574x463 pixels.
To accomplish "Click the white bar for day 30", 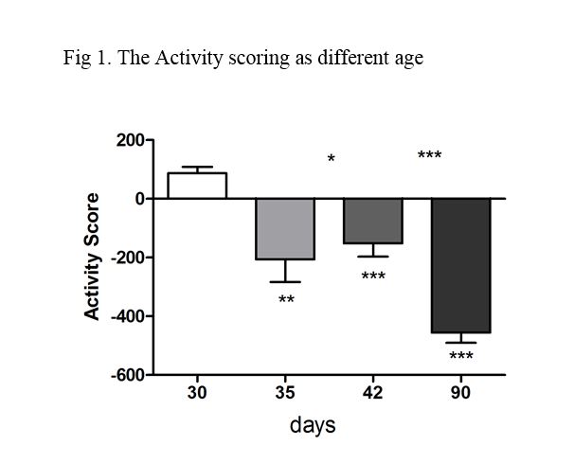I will pos(197,186).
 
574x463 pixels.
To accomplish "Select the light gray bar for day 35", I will pos(285,228).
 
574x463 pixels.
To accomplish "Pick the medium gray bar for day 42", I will pos(373,221).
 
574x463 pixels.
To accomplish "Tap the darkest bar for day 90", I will pos(461,265).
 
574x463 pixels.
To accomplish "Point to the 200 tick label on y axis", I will pos(130,141).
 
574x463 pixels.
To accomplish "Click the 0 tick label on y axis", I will pos(138,200).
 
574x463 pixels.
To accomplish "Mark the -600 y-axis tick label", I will pos(127,376).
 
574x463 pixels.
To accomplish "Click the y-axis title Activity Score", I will pos(93,256).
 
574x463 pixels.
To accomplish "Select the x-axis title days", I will pos(312,426).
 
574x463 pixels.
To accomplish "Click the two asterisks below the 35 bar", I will pos(286,301).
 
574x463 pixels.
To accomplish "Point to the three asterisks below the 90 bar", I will pos(461,357).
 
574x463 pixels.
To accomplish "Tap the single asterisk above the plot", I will pos(332,159).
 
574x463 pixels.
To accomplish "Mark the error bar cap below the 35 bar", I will pos(285,282).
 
